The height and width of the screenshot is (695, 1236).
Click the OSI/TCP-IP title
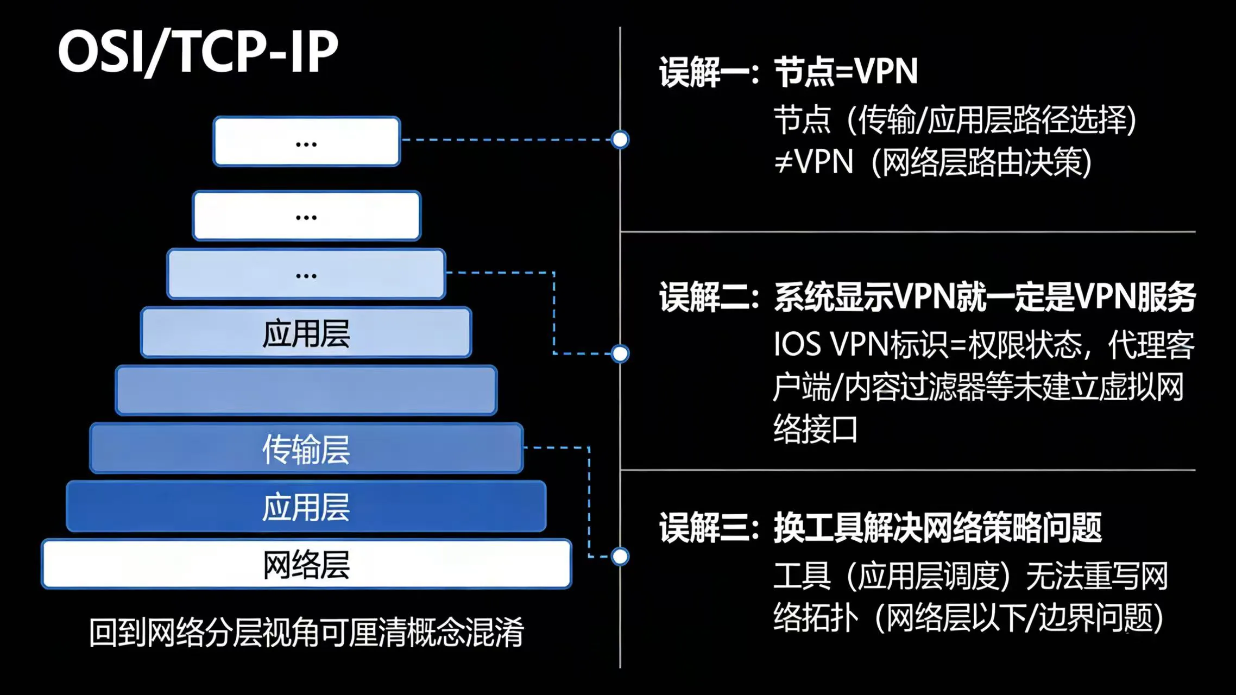pyautogui.click(x=198, y=52)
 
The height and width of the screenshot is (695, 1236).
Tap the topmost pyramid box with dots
pyautogui.click(x=307, y=141)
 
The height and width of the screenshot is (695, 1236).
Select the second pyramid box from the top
pyautogui.click(x=307, y=216)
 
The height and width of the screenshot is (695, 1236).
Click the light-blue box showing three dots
pyautogui.click(x=307, y=274)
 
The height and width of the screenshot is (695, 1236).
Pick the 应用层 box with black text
pyautogui.click(x=306, y=333)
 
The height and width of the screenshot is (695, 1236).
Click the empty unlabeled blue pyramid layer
pyautogui.click(x=306, y=390)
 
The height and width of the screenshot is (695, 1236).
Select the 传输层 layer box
pyautogui.click(x=306, y=448)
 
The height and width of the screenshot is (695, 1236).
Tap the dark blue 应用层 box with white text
pyautogui.click(x=306, y=507)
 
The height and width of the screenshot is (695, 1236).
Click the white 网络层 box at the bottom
pyautogui.click(x=306, y=564)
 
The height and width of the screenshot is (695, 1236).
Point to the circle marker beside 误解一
pyautogui.click(x=620, y=140)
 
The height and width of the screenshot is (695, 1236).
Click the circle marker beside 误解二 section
pyautogui.click(x=620, y=353)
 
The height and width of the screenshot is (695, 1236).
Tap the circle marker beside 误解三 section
pyautogui.click(x=620, y=557)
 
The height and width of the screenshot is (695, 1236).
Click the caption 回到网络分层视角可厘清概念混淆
pyautogui.click(x=306, y=632)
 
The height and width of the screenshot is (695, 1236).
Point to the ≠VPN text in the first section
pyautogui.click(x=814, y=161)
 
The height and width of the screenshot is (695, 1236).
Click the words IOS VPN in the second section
pyautogui.click(x=831, y=345)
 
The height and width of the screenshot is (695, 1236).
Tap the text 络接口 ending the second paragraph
pyautogui.click(x=815, y=429)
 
